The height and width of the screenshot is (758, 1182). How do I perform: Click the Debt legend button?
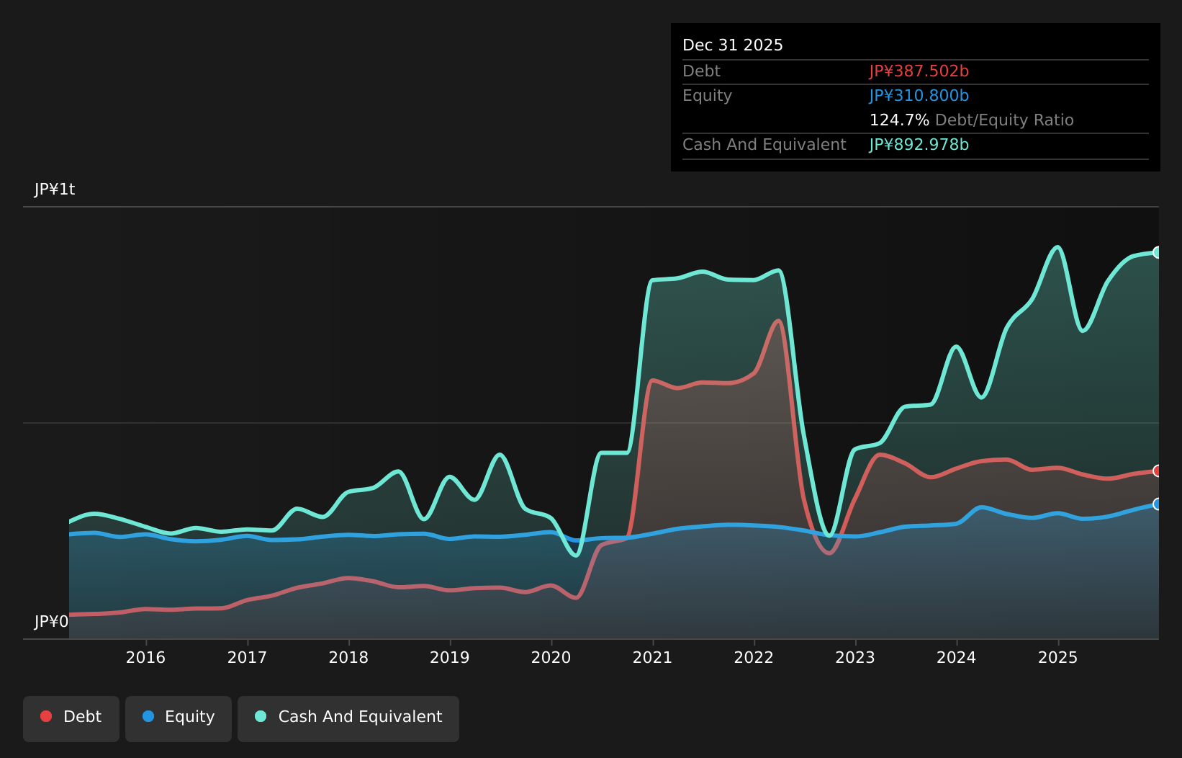[71, 717]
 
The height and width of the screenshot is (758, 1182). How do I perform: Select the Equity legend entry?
[179, 717]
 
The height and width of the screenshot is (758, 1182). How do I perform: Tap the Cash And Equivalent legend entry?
[348, 717]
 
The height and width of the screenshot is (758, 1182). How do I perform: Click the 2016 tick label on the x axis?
[145, 657]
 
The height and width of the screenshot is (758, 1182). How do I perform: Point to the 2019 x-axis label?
[450, 657]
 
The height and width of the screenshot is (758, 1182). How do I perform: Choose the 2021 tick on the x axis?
[652, 657]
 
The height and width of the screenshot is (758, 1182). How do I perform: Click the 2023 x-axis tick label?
[855, 657]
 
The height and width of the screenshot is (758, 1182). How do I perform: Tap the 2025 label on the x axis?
[1057, 657]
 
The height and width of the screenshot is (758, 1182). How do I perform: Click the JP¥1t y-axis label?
[55, 189]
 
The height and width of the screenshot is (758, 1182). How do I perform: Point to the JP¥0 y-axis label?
[51, 622]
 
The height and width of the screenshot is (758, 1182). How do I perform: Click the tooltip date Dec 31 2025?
[732, 45]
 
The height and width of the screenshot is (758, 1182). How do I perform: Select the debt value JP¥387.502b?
[919, 71]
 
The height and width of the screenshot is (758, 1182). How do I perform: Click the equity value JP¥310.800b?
[919, 96]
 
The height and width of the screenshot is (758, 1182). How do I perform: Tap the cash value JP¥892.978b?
[919, 145]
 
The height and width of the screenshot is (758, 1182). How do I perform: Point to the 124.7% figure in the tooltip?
[899, 120]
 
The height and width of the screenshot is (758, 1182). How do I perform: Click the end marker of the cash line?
[1158, 252]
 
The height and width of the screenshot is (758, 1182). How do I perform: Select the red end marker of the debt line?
[1158, 471]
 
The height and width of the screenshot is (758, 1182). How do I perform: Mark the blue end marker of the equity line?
[1158, 504]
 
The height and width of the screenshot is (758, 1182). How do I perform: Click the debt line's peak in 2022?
[778, 321]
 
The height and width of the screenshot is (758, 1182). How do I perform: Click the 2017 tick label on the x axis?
[247, 657]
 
